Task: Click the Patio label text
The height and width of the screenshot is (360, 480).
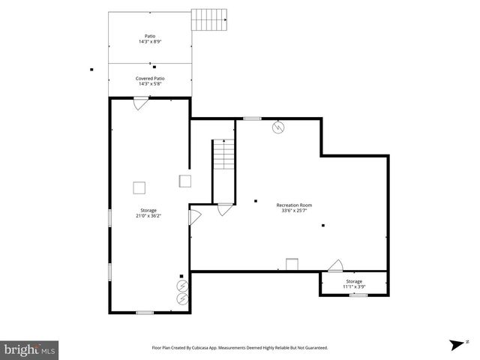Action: click(150, 36)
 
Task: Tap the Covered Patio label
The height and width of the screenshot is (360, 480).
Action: click(150, 78)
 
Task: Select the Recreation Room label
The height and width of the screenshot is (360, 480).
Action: click(294, 205)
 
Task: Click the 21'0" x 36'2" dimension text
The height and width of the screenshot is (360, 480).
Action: click(148, 216)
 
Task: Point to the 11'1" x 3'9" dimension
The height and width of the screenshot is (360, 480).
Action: click(354, 286)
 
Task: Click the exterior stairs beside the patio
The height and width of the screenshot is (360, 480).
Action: click(208, 19)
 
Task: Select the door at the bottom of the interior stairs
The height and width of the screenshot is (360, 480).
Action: click(224, 210)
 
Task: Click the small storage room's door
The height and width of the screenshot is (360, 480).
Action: click(335, 265)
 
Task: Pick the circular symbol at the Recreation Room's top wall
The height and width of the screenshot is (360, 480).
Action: click(278, 127)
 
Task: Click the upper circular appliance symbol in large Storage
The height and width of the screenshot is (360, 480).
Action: click(182, 286)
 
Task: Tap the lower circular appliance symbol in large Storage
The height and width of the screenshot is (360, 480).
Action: click(182, 298)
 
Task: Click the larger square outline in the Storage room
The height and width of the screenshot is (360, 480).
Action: click(139, 187)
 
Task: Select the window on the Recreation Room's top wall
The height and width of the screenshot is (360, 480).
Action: click(252, 118)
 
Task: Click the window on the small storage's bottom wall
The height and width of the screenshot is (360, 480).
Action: click(358, 295)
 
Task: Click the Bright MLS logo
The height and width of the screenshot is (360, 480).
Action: click(30, 349)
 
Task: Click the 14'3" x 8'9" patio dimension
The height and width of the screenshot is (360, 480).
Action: click(150, 42)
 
